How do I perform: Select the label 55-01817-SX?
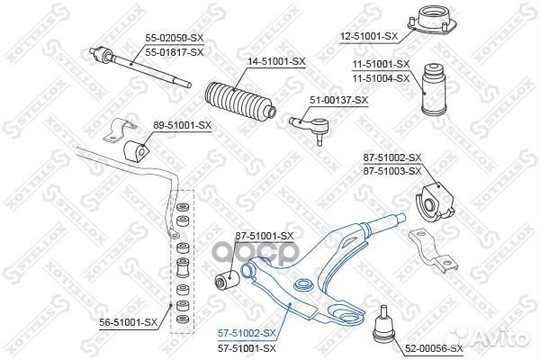click(x=175, y=52)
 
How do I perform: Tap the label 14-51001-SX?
click(x=275, y=61)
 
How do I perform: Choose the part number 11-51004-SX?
click(x=381, y=77)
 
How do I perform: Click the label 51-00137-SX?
click(x=339, y=101)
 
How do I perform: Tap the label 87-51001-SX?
click(x=265, y=236)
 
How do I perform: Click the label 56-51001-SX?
click(x=125, y=321)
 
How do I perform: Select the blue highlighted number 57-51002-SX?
click(x=247, y=333)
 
